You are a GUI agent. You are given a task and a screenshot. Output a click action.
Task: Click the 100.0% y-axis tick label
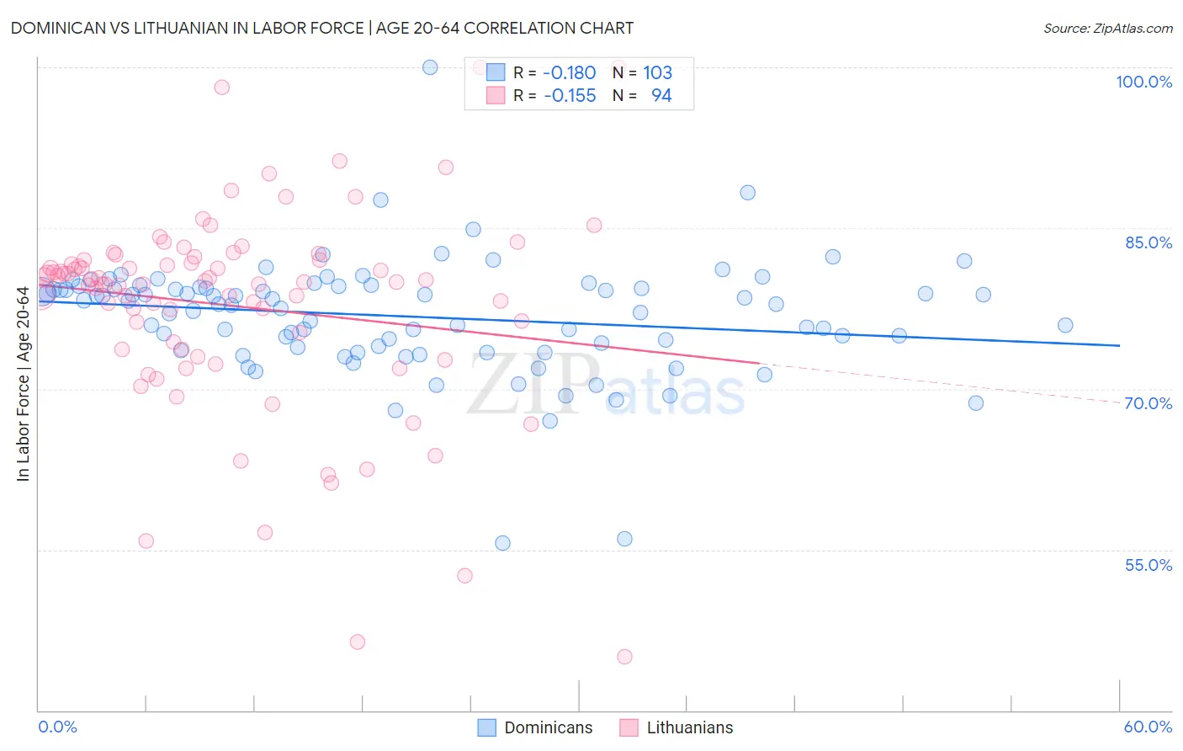coord(1143,82)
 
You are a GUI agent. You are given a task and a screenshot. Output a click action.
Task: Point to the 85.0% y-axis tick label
coord(1149,242)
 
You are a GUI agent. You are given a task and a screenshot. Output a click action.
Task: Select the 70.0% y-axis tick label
coord(1149,403)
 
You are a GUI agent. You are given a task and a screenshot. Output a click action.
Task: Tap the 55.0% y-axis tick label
coord(1149,565)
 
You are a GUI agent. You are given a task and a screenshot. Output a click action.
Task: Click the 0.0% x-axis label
coord(57,727)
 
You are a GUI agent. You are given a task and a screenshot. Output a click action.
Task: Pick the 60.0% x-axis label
coord(1148,727)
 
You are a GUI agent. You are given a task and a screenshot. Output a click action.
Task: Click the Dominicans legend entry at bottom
coord(535,727)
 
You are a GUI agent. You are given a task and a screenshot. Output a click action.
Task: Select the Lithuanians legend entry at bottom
coord(676,727)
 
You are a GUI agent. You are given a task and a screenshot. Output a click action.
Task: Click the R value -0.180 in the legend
coord(569,72)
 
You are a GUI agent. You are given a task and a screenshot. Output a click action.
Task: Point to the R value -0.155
coord(569,95)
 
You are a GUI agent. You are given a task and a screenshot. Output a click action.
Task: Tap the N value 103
coord(657,72)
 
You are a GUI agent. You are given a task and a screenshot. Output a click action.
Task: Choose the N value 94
coord(661,95)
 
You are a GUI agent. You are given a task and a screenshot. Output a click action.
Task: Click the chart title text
coord(322,28)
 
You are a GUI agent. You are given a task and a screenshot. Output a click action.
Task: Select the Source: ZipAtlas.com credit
coord(1107,28)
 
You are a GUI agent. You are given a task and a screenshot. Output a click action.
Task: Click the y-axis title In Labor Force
coord(23,384)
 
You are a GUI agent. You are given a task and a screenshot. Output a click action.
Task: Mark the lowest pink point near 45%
coord(624,657)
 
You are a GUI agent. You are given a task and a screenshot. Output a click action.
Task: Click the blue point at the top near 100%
coord(430,67)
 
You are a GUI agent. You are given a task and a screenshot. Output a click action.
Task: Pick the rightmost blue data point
coord(1065,326)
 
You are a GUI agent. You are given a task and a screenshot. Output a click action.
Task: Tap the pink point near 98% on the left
coord(222,87)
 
